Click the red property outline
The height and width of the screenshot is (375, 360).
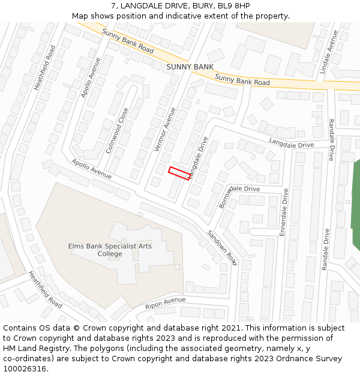pos(179,172)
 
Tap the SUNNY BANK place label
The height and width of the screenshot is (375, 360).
pos(190,67)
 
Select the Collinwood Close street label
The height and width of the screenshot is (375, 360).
pos(117,130)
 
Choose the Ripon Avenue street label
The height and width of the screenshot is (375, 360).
pos(166,303)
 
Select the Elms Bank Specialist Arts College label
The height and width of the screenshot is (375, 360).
pos(110,250)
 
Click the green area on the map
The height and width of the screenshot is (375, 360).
pos(355,204)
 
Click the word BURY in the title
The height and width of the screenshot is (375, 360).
pos(193,6)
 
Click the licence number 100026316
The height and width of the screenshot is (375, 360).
pos(25,368)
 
